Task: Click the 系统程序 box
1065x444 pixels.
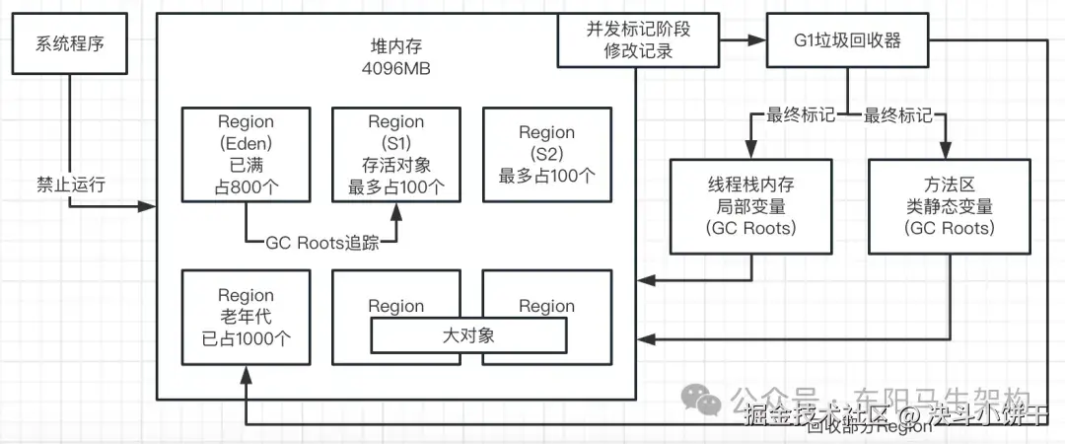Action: [71, 44]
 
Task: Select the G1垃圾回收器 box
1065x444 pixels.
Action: [848, 41]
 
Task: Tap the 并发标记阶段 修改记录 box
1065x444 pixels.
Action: [638, 40]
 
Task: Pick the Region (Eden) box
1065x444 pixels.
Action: [247, 153]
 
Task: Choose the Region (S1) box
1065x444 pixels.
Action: [396, 153]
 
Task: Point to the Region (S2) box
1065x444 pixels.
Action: [546, 153]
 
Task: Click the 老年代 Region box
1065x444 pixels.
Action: [247, 317]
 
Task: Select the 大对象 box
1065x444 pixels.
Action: [468, 335]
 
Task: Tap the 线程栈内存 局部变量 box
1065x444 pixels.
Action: [750, 206]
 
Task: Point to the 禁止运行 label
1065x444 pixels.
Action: [70, 184]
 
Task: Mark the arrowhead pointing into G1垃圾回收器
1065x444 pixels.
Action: [760, 41]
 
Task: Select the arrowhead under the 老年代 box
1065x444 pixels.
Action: [247, 373]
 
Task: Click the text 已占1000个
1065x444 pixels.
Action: [247, 337]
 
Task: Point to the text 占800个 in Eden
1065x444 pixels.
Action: [247, 185]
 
